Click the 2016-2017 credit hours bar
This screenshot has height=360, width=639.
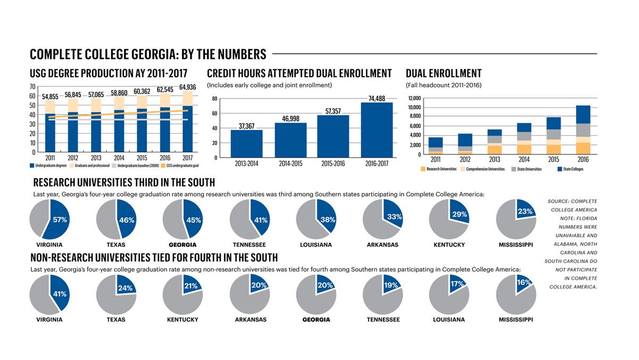376,130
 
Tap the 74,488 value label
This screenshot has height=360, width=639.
376,98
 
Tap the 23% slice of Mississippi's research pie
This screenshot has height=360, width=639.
525,210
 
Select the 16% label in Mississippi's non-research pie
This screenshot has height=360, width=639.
523,283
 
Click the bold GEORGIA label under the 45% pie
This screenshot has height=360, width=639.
183,245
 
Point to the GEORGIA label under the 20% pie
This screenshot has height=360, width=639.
316,320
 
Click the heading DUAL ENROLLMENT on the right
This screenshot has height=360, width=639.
444,73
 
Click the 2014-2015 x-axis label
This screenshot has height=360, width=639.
290,163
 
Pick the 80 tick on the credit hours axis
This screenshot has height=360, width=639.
215,99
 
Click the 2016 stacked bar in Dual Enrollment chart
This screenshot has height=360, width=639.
583,130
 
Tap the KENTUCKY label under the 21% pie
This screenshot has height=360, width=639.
183,320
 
